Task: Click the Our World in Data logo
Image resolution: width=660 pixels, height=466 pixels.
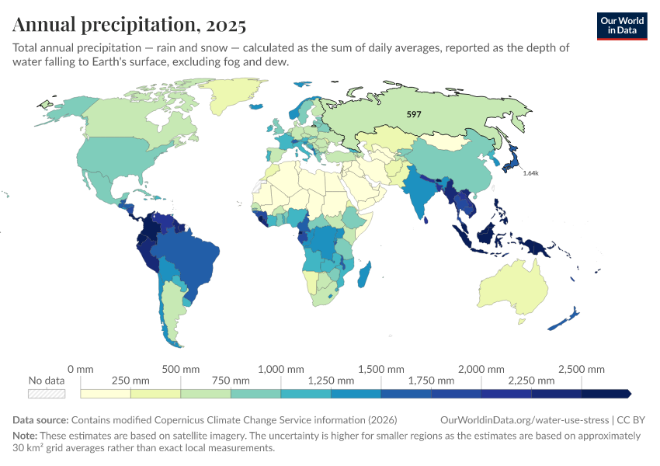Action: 622,26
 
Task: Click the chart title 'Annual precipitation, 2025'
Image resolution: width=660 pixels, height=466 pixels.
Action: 130,25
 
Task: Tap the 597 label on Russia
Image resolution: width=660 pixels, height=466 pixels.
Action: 414,114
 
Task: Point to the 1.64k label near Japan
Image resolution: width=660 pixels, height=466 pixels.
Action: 530,172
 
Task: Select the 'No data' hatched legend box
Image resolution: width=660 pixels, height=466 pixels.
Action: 46,394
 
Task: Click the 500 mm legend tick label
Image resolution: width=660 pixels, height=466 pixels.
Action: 180,369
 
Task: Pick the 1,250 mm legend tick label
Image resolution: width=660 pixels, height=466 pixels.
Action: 331,381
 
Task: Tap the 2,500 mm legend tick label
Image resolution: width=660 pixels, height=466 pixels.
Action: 582,369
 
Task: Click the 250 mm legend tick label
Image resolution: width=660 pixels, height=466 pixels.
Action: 130,381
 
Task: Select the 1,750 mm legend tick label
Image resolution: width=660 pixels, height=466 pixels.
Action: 431,381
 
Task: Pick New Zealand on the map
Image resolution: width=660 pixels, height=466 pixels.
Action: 564,319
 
